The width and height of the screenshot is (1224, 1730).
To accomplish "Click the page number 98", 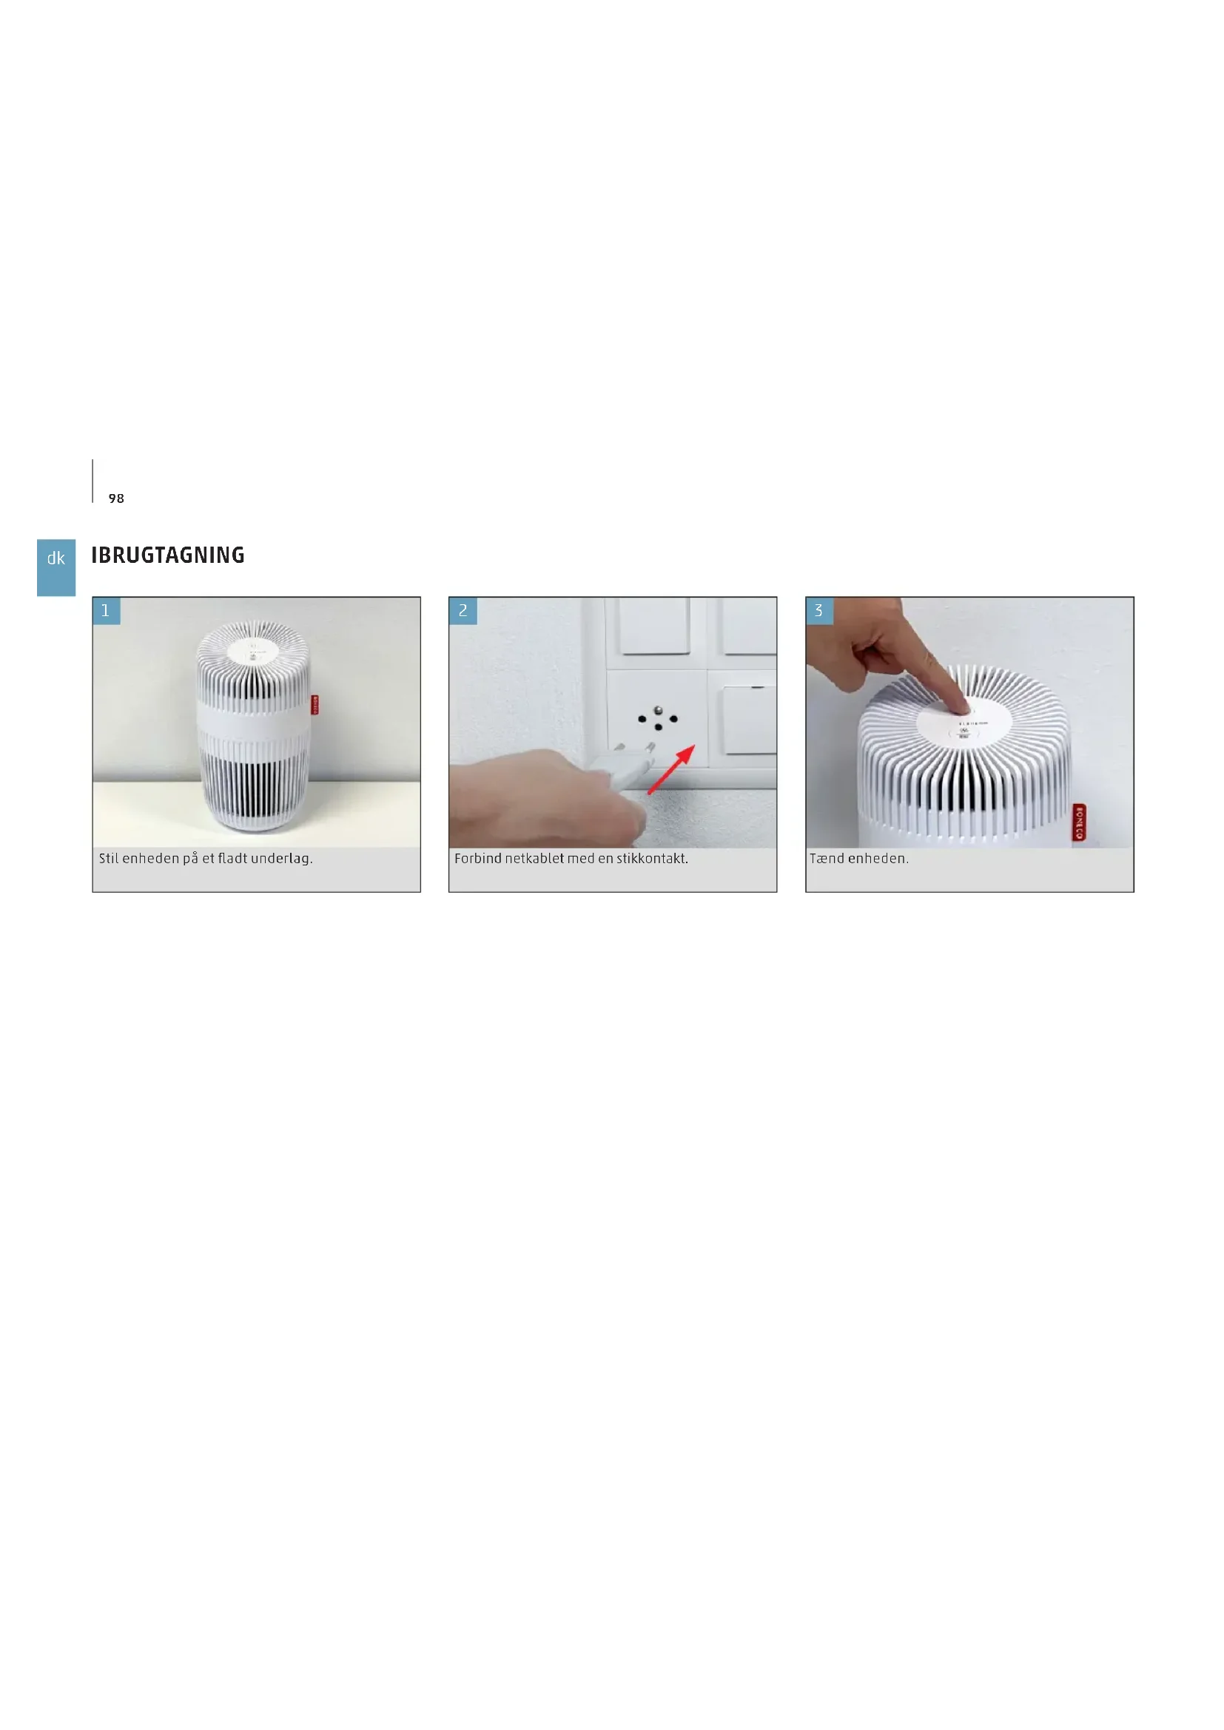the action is pyautogui.click(x=116, y=499).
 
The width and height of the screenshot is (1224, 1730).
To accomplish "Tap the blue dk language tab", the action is pyautogui.click(x=56, y=567).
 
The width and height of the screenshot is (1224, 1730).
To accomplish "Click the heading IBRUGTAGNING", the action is pyautogui.click(x=168, y=555).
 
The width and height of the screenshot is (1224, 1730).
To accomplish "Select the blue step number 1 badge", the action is pyautogui.click(x=107, y=611).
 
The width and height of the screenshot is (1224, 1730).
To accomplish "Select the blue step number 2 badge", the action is pyautogui.click(x=463, y=611).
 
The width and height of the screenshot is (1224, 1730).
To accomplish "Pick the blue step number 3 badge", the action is pyautogui.click(x=820, y=611).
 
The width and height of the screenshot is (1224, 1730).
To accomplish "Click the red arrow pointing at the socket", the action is pyautogui.click(x=671, y=768).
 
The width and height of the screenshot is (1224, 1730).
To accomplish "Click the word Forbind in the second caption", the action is pyautogui.click(x=478, y=858).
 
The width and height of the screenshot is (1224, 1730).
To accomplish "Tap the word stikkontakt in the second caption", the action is pyautogui.click(x=652, y=858).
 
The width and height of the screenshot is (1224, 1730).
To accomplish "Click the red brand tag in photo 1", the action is pyautogui.click(x=315, y=705).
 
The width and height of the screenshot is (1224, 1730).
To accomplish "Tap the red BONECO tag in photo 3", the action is pyautogui.click(x=1079, y=822).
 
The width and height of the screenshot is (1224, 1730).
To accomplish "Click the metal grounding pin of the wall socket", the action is pyautogui.click(x=658, y=710).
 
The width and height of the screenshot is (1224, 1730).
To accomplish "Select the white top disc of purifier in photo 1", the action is pyautogui.click(x=253, y=649).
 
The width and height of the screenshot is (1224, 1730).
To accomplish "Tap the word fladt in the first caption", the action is pyautogui.click(x=232, y=858).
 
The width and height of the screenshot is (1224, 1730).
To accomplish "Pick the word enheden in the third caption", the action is pyautogui.click(x=878, y=858).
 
